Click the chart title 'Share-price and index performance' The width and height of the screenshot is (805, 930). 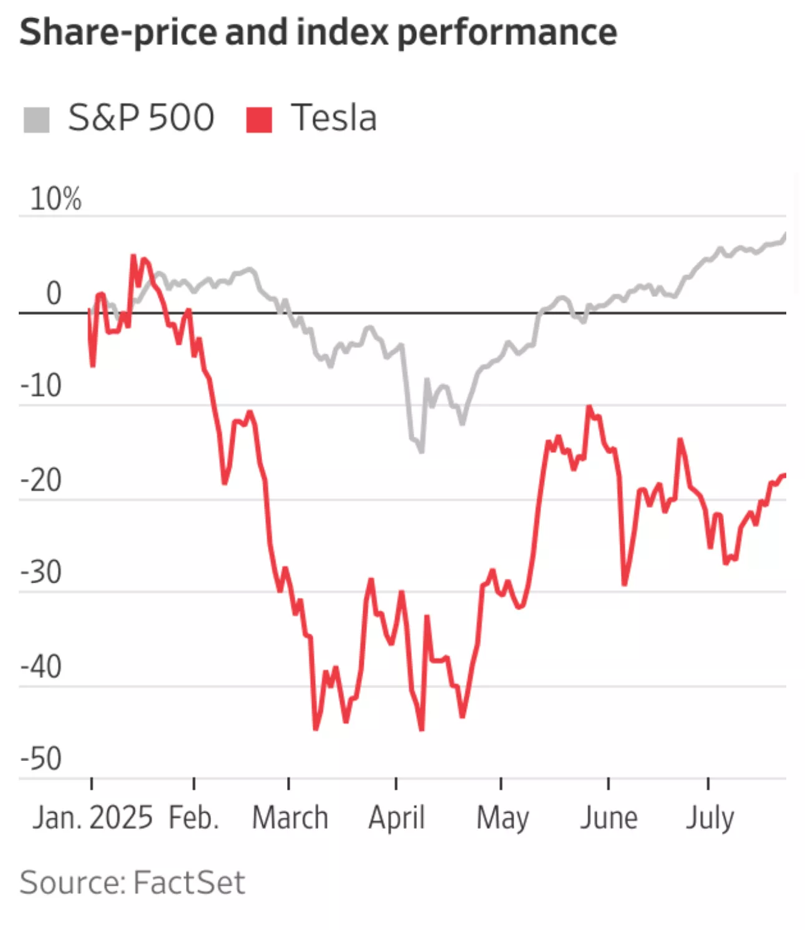pyautogui.click(x=318, y=32)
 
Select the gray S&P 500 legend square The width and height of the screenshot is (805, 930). pyautogui.click(x=36, y=119)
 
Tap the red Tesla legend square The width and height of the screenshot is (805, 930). pyautogui.click(x=259, y=119)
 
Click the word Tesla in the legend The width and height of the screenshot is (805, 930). pyautogui.click(x=334, y=118)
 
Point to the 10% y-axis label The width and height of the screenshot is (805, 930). pyautogui.click(x=56, y=199)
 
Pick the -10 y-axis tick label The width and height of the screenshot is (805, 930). pyautogui.click(x=41, y=386)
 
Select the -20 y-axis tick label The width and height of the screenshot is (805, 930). pyautogui.click(x=41, y=480)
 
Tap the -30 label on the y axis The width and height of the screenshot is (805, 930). pyautogui.click(x=41, y=573)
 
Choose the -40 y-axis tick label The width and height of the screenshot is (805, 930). pyautogui.click(x=41, y=667)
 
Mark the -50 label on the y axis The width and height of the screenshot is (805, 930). pyautogui.click(x=41, y=759)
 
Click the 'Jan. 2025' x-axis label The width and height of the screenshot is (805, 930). pyautogui.click(x=92, y=818)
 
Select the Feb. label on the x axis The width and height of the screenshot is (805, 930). pyautogui.click(x=194, y=818)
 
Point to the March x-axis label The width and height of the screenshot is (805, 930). pyautogui.click(x=290, y=818)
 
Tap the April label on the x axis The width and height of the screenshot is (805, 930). pyautogui.click(x=396, y=818)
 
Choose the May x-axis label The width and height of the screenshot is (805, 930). pyautogui.click(x=502, y=818)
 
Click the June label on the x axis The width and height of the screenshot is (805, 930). pyautogui.click(x=608, y=818)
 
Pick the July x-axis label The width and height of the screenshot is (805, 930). pyautogui.click(x=710, y=818)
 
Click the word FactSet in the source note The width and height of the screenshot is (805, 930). pyautogui.click(x=189, y=883)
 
